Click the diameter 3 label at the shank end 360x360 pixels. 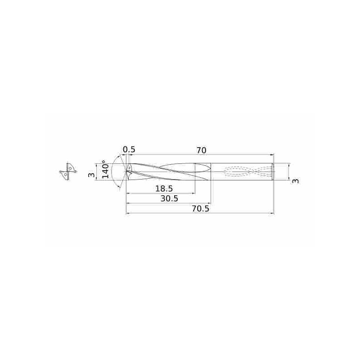point(295,180)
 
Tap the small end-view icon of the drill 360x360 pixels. point(67,171)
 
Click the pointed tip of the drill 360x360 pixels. point(126,171)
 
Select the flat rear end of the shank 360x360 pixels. point(273,171)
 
